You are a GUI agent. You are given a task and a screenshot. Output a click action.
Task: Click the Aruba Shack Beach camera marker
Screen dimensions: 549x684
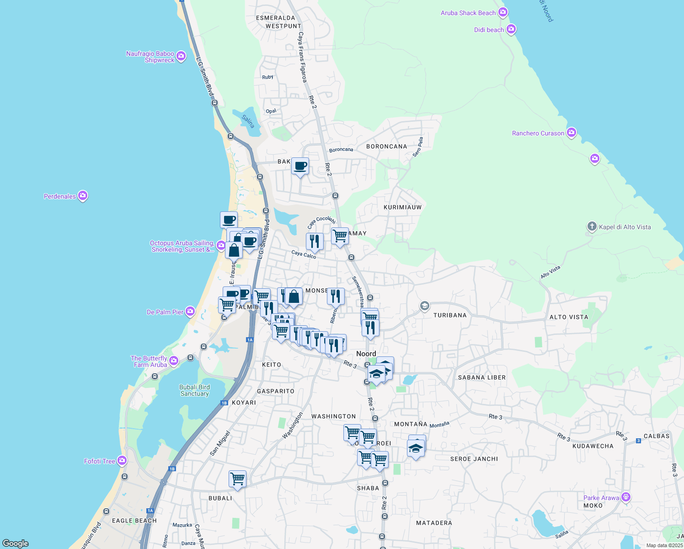coord(503,12)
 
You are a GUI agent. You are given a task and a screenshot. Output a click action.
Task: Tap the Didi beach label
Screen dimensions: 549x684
coord(489,30)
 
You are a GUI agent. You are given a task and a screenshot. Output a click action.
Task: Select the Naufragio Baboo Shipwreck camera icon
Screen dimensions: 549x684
coord(181,56)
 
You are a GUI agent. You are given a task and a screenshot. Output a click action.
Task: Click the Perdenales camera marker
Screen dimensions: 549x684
coord(83,196)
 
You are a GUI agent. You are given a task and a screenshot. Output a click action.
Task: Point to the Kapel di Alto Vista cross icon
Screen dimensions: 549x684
coord(592,226)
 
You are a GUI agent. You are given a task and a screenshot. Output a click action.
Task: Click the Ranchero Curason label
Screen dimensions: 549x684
coord(538,133)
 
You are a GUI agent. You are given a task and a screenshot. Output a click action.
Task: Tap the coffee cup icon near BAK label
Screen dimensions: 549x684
coord(300,167)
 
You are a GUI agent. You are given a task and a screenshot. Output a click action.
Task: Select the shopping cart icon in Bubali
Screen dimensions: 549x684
coord(238,479)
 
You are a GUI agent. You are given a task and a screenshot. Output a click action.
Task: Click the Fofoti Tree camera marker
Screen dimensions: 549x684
coord(122,461)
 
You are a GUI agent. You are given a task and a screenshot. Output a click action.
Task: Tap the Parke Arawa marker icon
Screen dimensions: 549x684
coord(626,497)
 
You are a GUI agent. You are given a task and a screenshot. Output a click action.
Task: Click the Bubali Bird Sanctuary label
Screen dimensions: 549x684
coord(194,390)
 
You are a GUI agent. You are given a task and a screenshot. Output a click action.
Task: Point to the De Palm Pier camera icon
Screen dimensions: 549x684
coord(190,312)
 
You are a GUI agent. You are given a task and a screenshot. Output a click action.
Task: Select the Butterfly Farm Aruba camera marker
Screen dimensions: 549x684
coord(173,361)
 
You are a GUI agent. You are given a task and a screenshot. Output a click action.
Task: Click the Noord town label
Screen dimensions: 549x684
coord(366,354)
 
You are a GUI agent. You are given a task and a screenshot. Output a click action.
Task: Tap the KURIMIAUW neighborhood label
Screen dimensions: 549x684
coord(402,207)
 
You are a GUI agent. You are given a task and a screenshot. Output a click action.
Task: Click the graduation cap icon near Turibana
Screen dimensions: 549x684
coord(424,306)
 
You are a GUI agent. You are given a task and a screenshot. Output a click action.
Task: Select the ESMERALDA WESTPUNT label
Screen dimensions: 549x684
coord(278,22)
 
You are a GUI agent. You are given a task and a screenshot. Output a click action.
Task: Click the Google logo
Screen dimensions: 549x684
coord(16,543)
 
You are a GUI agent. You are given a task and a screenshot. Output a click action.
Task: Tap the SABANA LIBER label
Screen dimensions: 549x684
coord(482,377)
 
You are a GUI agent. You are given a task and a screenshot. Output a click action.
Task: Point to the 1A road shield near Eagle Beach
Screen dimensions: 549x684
coord(150,511)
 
